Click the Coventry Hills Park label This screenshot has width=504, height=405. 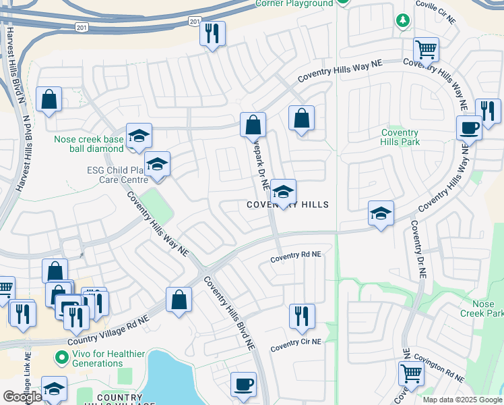(x=400, y=137)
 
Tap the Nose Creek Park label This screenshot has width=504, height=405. (x=482, y=308)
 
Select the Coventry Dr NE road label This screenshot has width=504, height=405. (x=418, y=250)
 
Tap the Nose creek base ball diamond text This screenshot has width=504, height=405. (x=90, y=144)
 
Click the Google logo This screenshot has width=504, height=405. (x=22, y=397)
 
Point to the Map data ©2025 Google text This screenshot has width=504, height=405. (x=462, y=400)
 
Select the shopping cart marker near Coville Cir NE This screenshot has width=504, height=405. (x=426, y=49)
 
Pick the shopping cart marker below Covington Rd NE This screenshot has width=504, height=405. (x=411, y=373)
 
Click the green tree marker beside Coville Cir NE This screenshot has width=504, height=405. (x=403, y=22)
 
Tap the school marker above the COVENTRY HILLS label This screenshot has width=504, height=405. (x=284, y=192)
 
